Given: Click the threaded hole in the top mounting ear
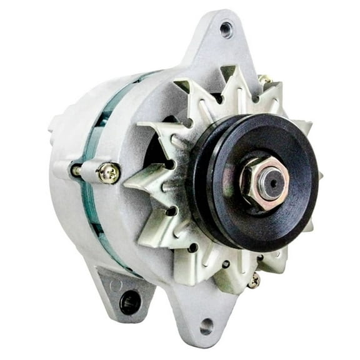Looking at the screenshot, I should coord(226,27).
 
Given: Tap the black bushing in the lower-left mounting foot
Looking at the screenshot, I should coord(130,303).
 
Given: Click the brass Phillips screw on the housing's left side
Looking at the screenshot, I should coord(109,173).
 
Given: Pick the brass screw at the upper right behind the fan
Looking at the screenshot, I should coord(265,81).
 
